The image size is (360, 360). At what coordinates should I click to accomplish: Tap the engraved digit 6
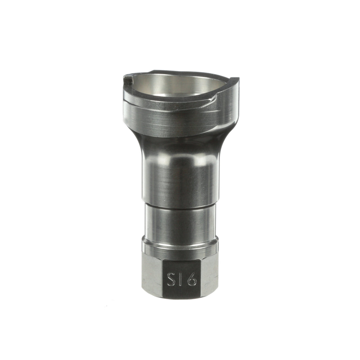click(192, 279)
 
